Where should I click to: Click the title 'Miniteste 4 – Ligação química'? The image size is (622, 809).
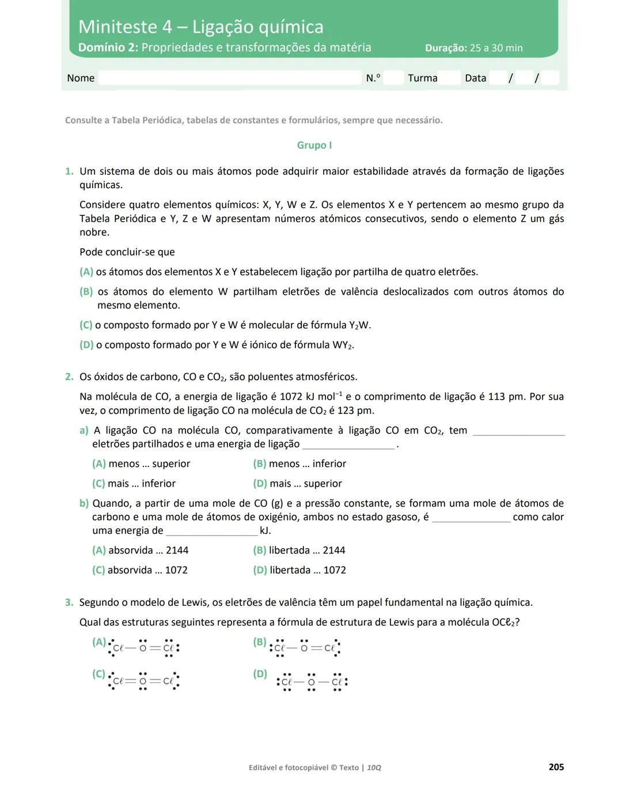200,26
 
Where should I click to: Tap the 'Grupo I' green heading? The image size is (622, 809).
314,145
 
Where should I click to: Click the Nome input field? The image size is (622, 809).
229,78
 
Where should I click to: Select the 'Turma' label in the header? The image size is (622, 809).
422,78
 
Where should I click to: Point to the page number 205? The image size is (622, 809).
556,767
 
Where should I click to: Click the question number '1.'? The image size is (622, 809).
69,171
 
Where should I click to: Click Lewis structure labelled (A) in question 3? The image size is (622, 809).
144,648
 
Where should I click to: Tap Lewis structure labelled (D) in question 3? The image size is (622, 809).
312,682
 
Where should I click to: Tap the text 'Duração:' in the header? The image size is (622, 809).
446,48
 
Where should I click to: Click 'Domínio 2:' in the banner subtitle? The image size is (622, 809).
108,47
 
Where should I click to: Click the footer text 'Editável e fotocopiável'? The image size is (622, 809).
288,768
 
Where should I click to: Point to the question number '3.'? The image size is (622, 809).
69,602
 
